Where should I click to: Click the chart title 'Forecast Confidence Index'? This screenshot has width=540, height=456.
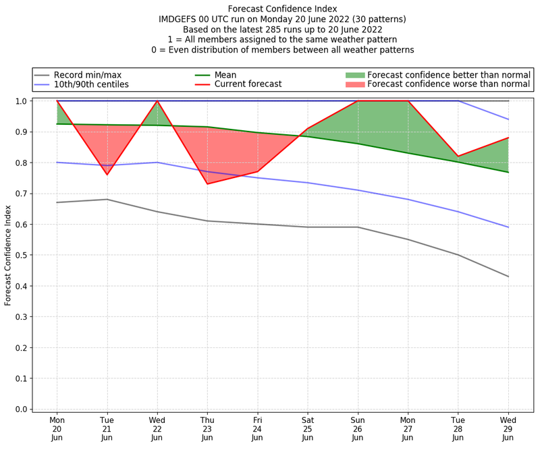pos(282,9)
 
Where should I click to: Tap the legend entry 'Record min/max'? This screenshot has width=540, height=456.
pos(88,74)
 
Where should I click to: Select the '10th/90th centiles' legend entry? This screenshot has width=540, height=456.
pos(91,84)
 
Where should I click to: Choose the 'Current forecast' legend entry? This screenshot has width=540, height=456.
pos(248,84)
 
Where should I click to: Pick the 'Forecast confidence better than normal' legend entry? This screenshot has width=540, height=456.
pos(448,74)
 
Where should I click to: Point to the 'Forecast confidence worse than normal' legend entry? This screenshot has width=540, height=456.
pos(448,84)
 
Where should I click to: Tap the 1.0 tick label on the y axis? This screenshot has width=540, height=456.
pos(21,101)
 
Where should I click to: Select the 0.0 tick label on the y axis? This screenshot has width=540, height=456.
pos(21,409)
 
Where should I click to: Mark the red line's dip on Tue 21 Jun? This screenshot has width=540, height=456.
pos(107,175)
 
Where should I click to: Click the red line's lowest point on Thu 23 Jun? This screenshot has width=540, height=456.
pos(207,184)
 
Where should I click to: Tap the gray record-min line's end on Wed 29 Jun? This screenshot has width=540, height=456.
pos(508,277)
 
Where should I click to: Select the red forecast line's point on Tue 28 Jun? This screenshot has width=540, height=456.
pos(458,156)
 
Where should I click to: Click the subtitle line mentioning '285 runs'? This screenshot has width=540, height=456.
pos(282,30)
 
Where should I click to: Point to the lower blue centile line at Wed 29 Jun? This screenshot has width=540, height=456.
pos(508,227)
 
